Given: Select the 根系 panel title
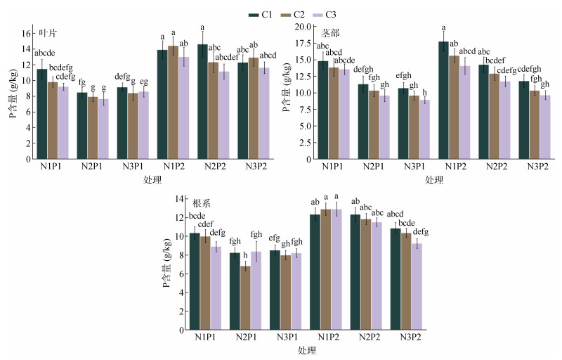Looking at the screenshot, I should [x=202, y=202].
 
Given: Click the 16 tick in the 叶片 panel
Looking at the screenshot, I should [x=27, y=33].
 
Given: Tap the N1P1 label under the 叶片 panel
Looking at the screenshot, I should [x=53, y=168].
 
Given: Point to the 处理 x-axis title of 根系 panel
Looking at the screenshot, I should [x=306, y=350].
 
